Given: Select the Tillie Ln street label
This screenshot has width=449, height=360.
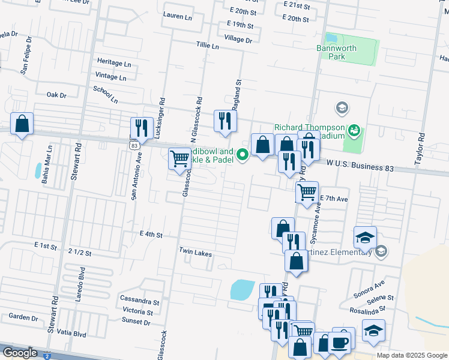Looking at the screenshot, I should tap(207, 45).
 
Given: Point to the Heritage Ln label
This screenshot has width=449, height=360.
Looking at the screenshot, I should tap(114, 63).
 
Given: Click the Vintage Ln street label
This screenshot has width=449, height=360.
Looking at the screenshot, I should tap(110, 77).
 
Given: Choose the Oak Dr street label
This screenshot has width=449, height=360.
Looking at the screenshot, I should tap(56, 95).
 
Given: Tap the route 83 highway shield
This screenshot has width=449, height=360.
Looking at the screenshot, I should tap(133, 145).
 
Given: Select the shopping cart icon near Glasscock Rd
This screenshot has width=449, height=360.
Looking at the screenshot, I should tap(179, 158).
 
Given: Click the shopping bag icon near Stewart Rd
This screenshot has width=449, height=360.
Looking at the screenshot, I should tap(22, 124).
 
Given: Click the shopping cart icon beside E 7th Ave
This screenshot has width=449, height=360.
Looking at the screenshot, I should tap(307, 192).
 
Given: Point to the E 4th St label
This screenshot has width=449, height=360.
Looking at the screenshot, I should tap(151, 235).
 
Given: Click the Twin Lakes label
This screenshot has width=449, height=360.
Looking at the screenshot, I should tap(195, 254).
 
